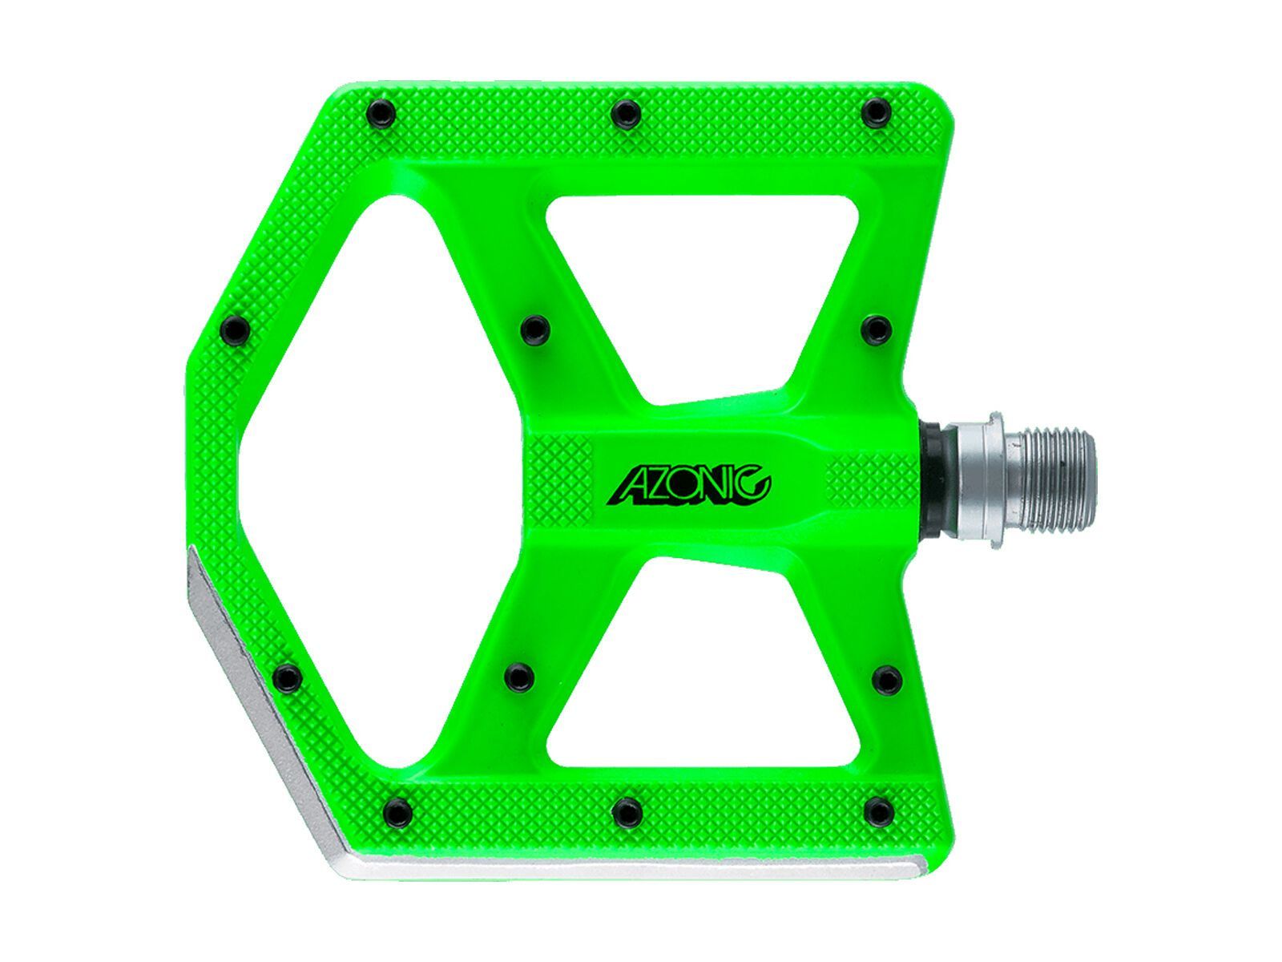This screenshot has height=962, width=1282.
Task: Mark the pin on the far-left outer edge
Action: click(x=233, y=328)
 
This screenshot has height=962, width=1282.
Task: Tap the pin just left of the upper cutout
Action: click(x=534, y=328)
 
